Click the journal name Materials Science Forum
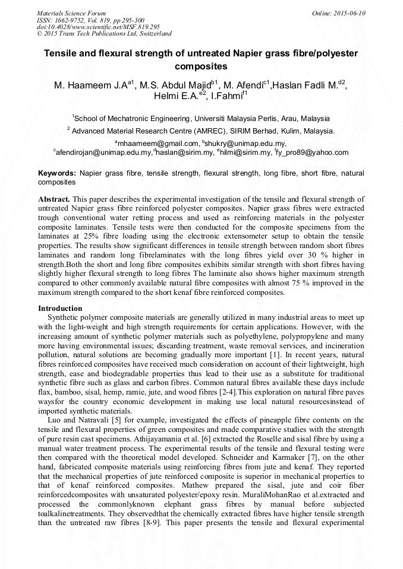pyautogui.click(x=71, y=12)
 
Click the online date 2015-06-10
pyautogui.click(x=350, y=12)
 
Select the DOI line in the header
pyautogui.click(x=97, y=27)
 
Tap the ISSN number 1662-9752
pyautogui.click(x=72, y=20)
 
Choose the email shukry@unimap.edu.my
pyautogui.click(x=237, y=144)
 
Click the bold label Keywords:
pyautogui.click(x=57, y=173)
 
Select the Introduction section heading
pyautogui.click(x=60, y=308)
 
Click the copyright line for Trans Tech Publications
pyautogui.click(x=105, y=34)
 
